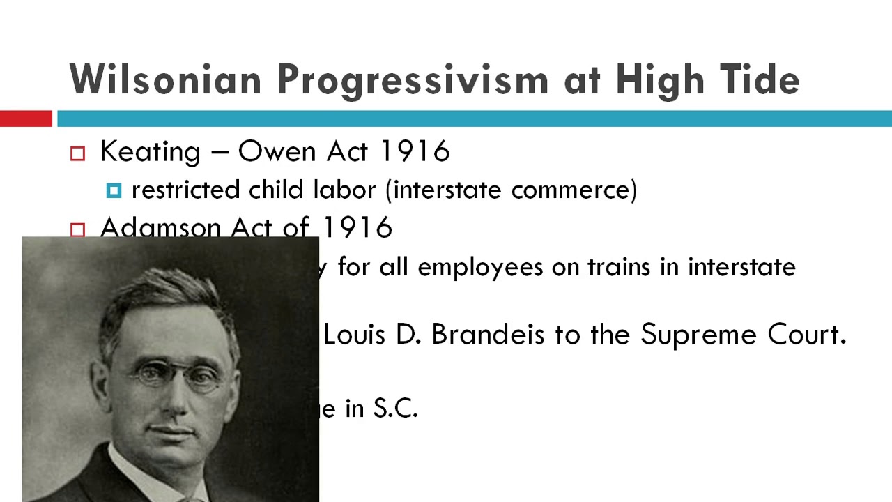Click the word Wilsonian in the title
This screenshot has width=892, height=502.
(166, 79)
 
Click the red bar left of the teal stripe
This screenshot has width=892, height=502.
(26, 119)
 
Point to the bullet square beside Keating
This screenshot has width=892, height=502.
(77, 154)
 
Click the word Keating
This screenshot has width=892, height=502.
(150, 152)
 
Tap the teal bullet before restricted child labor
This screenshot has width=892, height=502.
(114, 191)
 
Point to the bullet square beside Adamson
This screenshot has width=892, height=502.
(77, 229)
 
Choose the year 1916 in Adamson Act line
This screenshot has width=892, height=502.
(357, 228)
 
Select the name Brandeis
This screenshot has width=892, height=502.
(487, 335)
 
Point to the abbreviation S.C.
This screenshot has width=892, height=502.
(395, 409)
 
